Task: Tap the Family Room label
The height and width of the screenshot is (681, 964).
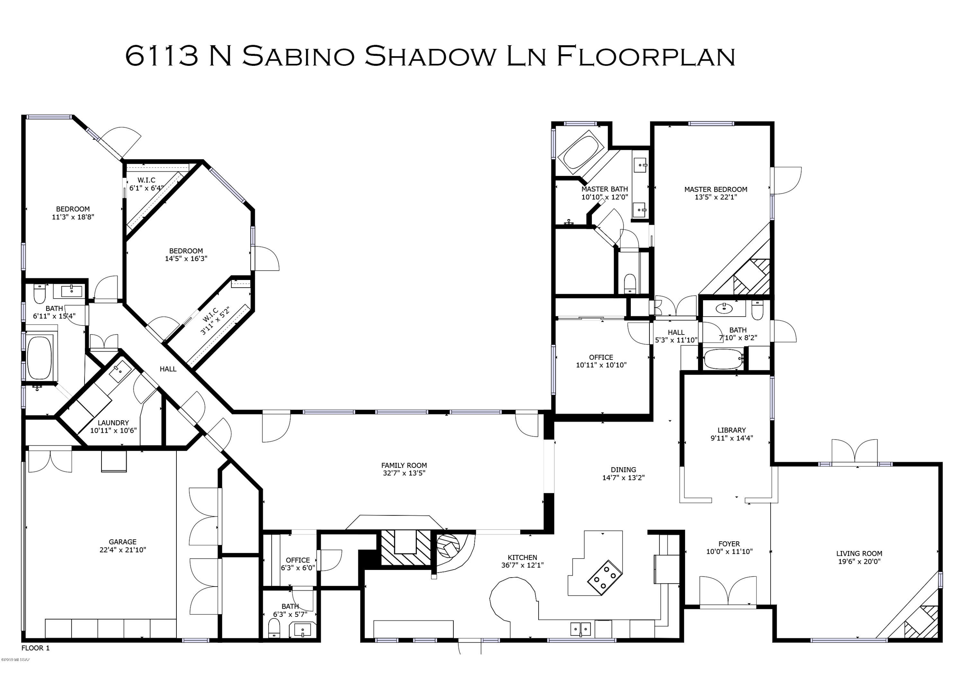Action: (x=404, y=465)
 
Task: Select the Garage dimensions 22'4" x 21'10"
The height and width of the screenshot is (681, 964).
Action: (x=123, y=550)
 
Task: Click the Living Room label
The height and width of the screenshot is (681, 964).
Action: (x=859, y=554)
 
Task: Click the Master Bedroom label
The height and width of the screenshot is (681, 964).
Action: (x=716, y=189)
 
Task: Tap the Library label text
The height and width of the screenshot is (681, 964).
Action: (x=731, y=430)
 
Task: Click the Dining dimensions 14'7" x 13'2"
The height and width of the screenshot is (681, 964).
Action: (x=623, y=477)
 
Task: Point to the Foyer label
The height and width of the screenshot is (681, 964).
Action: (x=729, y=544)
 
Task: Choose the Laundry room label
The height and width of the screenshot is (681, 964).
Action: (x=113, y=423)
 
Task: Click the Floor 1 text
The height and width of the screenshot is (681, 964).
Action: (x=36, y=648)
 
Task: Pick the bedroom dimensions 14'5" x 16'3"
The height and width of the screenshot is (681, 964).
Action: (x=186, y=258)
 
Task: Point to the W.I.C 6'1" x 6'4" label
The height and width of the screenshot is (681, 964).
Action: (x=146, y=184)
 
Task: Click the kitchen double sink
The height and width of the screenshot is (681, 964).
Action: (x=581, y=629)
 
